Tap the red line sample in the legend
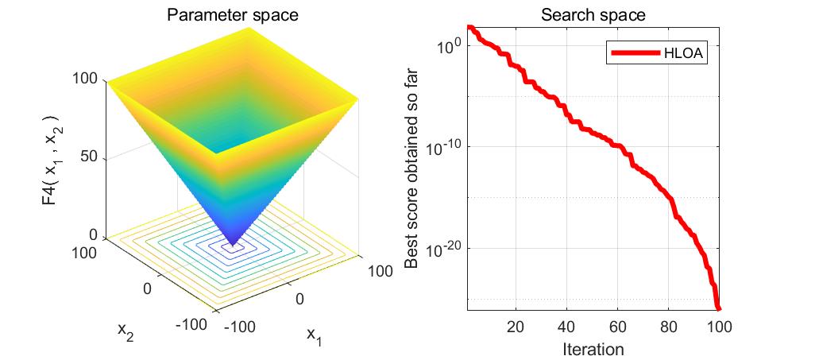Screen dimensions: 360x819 coord(635,53)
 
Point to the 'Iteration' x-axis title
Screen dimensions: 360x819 coord(593,349)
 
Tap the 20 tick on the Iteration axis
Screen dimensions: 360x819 coord(516,326)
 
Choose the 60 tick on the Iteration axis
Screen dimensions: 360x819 coord(617,326)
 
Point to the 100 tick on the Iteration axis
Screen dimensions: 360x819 coord(717,326)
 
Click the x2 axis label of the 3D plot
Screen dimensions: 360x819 coord(127,329)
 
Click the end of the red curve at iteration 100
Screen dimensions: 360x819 coord(718,308)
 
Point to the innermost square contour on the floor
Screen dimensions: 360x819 coord(233,249)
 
